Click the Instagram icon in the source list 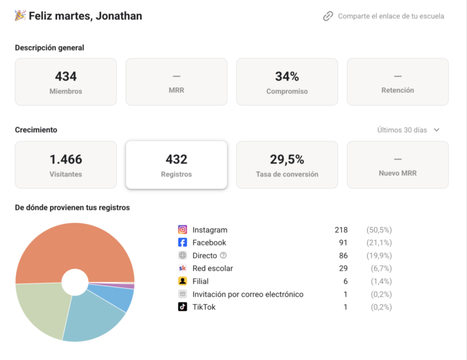[x=182, y=230]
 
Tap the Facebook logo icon [x=182, y=243]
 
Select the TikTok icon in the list [x=182, y=307]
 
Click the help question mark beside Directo [x=223, y=255]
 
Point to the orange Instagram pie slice [x=75, y=247]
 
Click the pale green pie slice [x=42, y=307]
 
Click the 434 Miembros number [x=66, y=77]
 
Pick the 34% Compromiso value [x=287, y=77]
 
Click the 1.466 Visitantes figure [x=66, y=160]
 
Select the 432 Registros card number [x=176, y=160]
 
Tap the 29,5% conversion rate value [x=287, y=160]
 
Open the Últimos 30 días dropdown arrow [x=437, y=130]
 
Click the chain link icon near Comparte [x=328, y=16]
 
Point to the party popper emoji [x=20, y=16]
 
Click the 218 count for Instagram [x=341, y=230]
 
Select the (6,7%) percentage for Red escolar [x=381, y=269]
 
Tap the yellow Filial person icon [x=182, y=281]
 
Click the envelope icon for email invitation [x=182, y=294]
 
